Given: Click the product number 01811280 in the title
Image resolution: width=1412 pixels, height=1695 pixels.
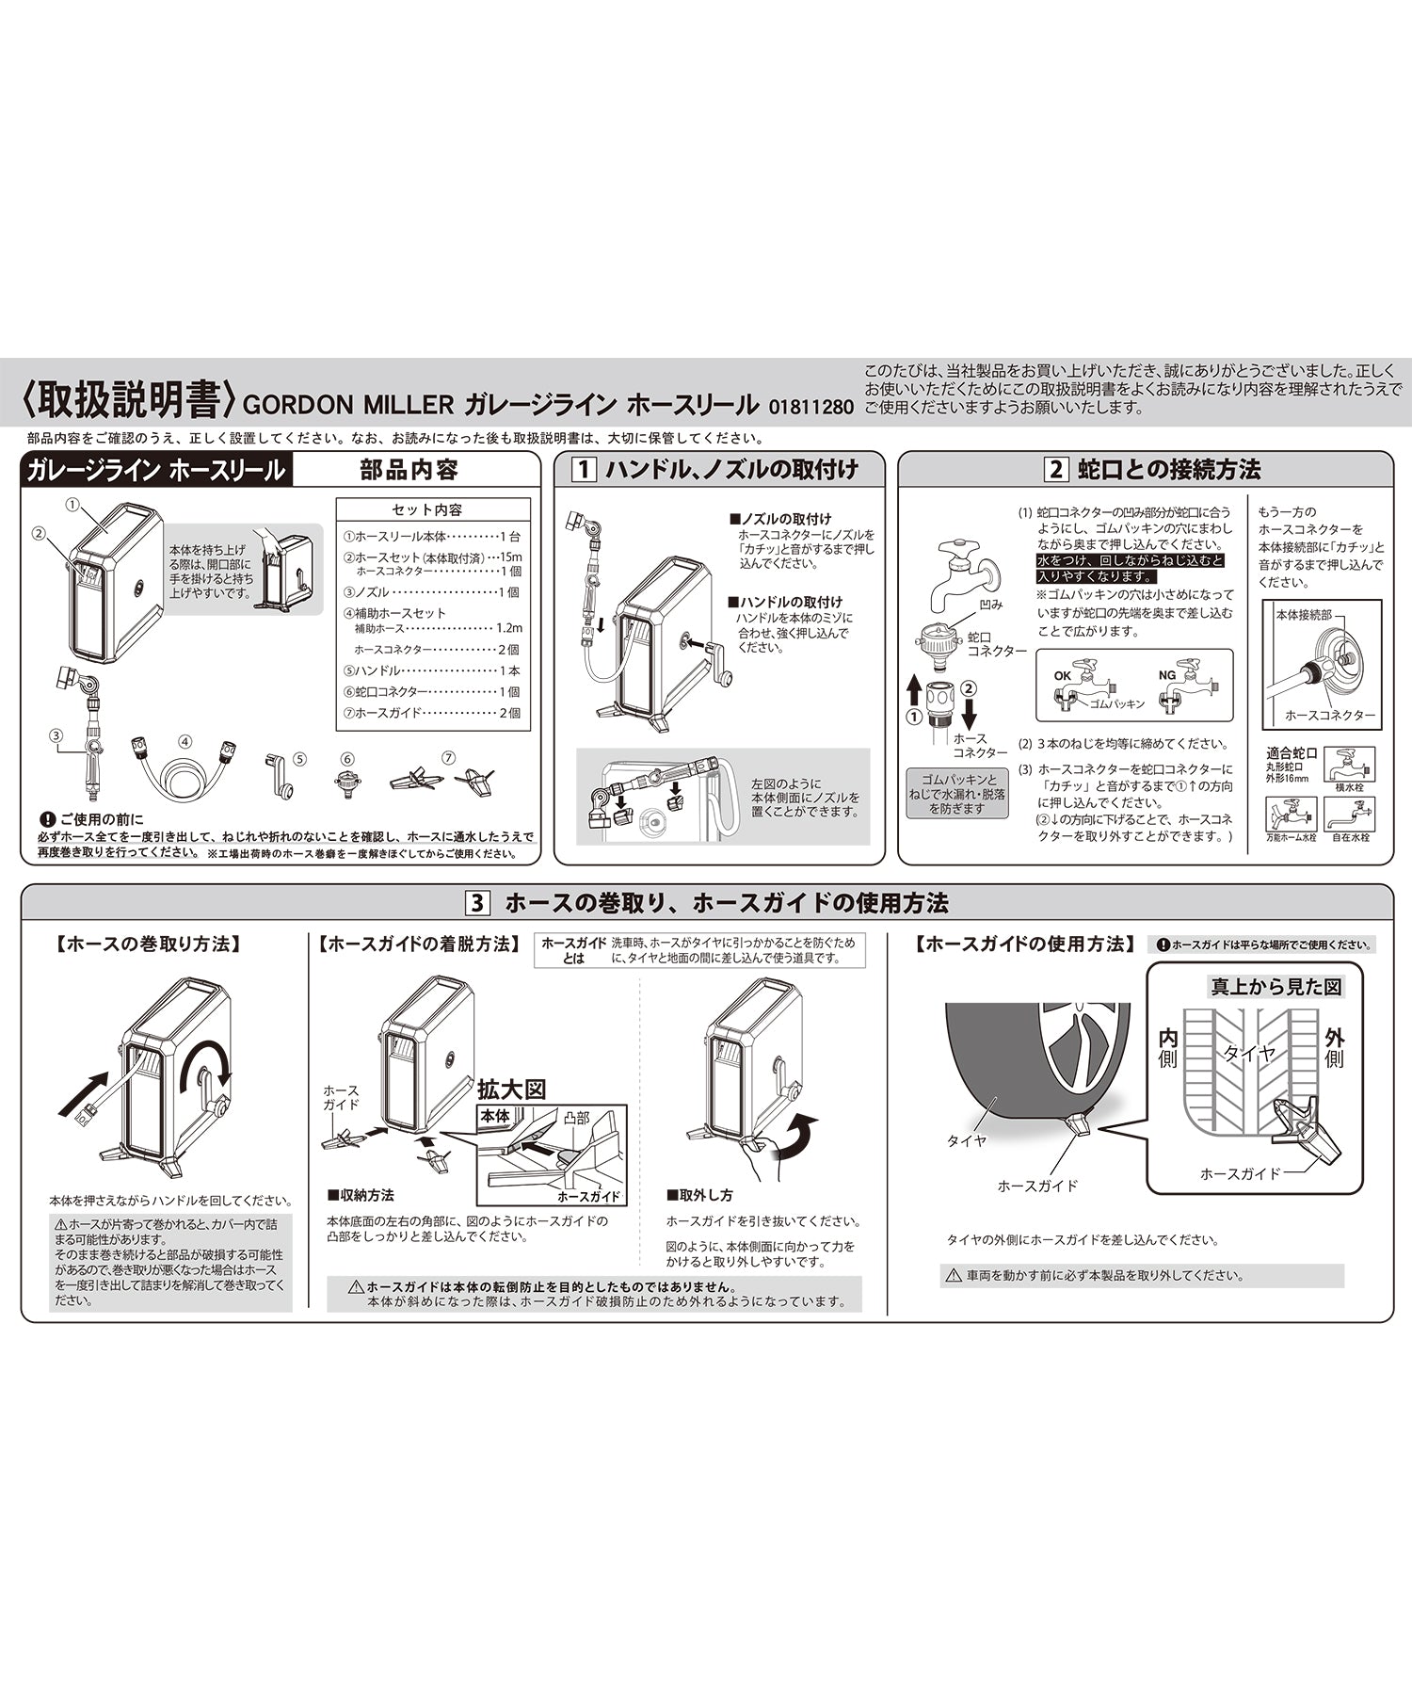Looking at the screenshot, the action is (810, 408).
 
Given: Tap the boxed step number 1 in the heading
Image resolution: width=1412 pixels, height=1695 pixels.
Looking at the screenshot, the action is (585, 469).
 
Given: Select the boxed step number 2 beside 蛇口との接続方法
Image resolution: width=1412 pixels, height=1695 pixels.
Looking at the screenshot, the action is (1056, 469).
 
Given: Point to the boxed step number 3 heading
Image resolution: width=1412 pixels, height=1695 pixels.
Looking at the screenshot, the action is (478, 903).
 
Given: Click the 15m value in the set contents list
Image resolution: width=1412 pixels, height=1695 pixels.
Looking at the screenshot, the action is (512, 557).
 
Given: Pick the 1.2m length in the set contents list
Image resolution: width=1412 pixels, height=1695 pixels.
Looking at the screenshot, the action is (508, 628).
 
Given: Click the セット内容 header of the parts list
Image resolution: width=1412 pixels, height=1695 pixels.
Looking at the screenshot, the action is (427, 509).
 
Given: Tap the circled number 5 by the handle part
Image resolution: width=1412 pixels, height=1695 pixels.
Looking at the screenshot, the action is (300, 757).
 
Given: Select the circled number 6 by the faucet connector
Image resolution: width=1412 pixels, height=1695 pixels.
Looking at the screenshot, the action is (347, 758).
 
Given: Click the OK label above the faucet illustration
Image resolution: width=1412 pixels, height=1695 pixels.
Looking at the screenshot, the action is (1063, 675).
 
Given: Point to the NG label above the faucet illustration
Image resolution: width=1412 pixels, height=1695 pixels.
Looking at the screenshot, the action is (1167, 675).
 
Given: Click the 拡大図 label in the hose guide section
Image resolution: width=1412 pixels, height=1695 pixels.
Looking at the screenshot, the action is (512, 1090).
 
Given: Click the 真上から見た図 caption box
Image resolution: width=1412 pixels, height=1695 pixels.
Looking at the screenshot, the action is (1276, 986).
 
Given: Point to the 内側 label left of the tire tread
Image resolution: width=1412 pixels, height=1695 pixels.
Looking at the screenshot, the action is (1168, 1048).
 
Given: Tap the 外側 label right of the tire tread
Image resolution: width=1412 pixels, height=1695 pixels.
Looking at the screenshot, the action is (1334, 1048).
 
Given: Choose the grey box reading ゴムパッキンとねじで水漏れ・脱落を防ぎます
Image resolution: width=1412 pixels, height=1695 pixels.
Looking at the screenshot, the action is (955, 794).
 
